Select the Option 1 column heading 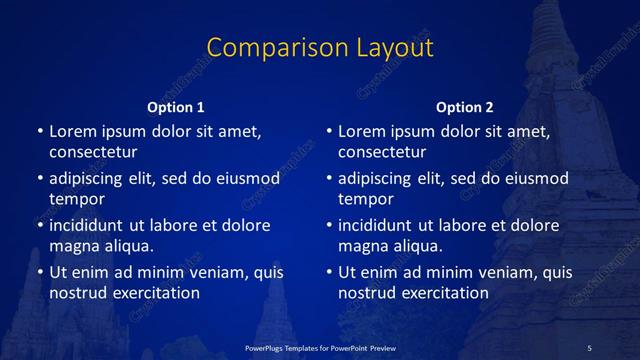pyautogui.click(x=176, y=107)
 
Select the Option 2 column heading pyautogui.click(x=465, y=107)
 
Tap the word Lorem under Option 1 pyautogui.click(x=72, y=131)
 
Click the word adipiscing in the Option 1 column pyautogui.click(x=94, y=178)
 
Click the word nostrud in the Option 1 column pyautogui.click(x=78, y=293)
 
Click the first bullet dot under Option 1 pyautogui.click(x=39, y=132)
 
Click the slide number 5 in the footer pyautogui.click(x=589, y=347)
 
